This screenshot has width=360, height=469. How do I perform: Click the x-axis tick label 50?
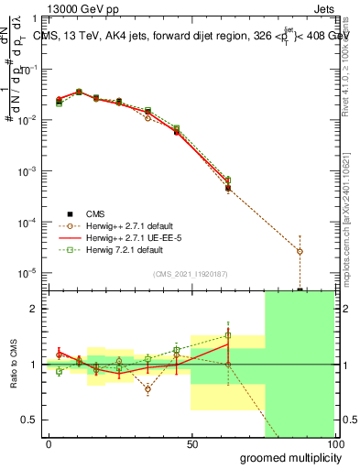[192, 444]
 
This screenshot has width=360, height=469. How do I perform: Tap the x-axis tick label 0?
[49, 444]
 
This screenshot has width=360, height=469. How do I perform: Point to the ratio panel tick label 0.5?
[27, 420]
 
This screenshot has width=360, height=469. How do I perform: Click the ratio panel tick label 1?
[32, 365]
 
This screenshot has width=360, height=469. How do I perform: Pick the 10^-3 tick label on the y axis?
[27, 171]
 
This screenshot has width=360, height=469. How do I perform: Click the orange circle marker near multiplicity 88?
[300, 251]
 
